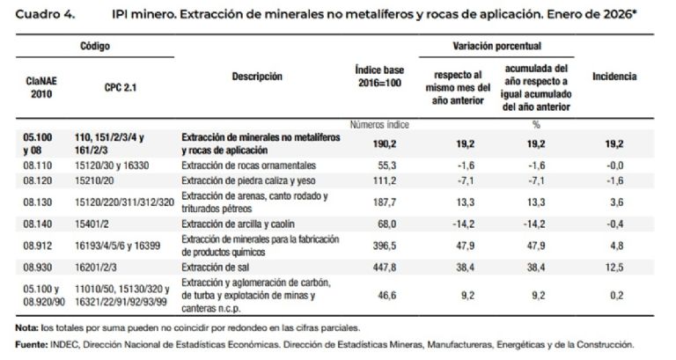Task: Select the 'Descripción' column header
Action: coord(258,77)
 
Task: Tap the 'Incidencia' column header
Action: coord(614,77)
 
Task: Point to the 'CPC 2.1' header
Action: coord(121,87)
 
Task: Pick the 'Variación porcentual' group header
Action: coord(496,44)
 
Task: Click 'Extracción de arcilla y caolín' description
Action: coord(237,223)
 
